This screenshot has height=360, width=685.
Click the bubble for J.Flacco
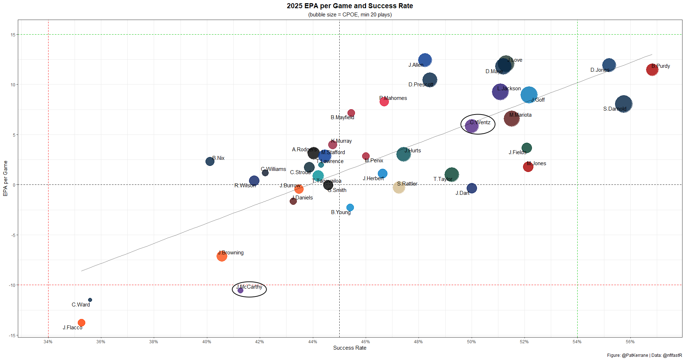[x=81, y=323]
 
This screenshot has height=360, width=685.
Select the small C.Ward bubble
[x=90, y=300]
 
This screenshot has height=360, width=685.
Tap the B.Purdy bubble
[x=652, y=70]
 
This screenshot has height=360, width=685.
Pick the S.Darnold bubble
[x=624, y=104]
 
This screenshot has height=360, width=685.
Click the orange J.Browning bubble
[x=222, y=256]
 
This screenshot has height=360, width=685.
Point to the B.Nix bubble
[x=210, y=161]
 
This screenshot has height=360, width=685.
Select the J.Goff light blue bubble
[x=529, y=95]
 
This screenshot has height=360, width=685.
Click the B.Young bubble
[x=350, y=208]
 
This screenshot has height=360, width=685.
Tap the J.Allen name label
[x=416, y=65]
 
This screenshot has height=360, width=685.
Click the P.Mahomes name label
[x=393, y=98]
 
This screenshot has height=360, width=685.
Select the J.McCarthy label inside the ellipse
[x=249, y=287]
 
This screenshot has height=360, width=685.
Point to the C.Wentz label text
[x=480, y=122]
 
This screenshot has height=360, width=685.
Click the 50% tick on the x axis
[x=471, y=342]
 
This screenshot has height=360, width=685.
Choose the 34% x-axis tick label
[x=48, y=342]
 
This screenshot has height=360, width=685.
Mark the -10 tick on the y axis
[x=12, y=285]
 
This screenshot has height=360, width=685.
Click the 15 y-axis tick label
[x=13, y=35]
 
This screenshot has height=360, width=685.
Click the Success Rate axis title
[x=350, y=348]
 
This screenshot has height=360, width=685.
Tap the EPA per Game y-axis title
[x=5, y=178]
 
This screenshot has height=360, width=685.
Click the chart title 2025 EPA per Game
[x=350, y=6]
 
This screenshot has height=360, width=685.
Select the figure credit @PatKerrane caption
[x=644, y=355]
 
